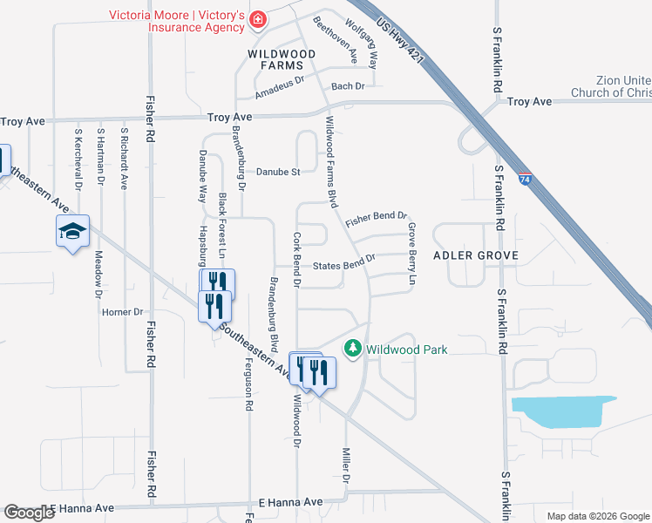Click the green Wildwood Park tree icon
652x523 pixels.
(x=353, y=349)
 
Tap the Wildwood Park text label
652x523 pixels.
(x=406, y=350)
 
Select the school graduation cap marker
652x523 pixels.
(x=73, y=231)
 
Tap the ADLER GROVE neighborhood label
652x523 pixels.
(x=476, y=255)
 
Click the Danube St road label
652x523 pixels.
(x=277, y=172)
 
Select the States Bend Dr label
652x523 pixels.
(x=343, y=262)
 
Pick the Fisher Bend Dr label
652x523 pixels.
(x=377, y=219)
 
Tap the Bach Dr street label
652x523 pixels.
(x=347, y=86)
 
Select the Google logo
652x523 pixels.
(x=28, y=513)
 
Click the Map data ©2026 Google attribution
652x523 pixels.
(x=597, y=516)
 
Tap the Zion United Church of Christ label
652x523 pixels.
(x=611, y=86)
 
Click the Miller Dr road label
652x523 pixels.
(x=346, y=466)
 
